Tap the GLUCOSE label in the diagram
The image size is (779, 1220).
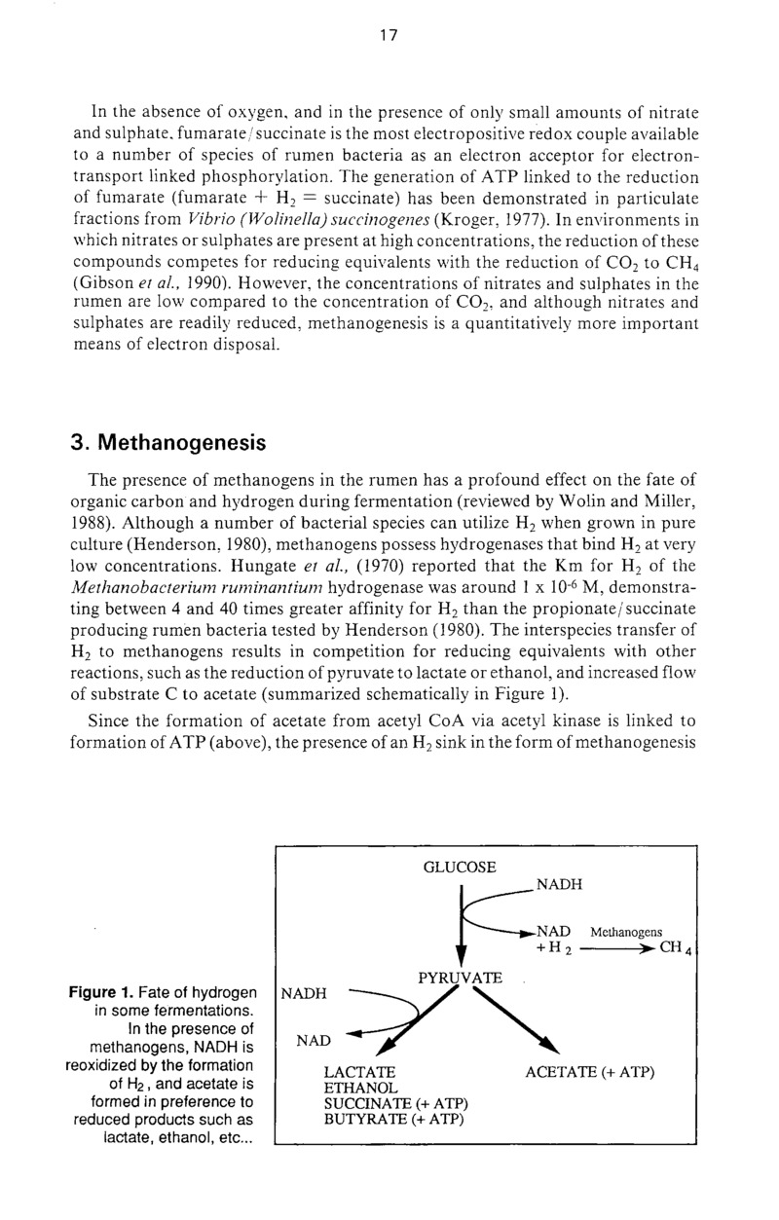tap(460, 867)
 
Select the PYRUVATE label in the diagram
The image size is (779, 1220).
tap(460, 977)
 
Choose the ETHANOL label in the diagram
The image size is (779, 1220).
tap(360, 1088)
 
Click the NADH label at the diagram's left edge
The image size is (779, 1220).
tap(302, 994)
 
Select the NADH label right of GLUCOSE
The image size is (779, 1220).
tap(559, 884)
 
